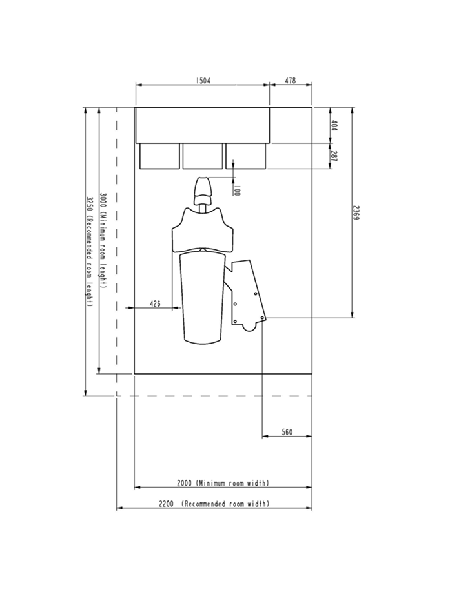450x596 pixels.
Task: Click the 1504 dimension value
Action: tap(203, 81)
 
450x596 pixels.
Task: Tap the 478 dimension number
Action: tap(291, 81)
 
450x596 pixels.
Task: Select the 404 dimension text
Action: tap(334, 126)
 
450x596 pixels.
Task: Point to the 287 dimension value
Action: tap(334, 156)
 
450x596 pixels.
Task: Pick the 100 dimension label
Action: tap(237, 191)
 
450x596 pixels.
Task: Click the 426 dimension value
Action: tap(155, 303)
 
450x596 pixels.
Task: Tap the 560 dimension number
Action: tap(287, 432)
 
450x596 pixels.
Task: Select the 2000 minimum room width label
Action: tap(223, 483)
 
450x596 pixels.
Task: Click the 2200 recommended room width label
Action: tap(214, 504)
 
